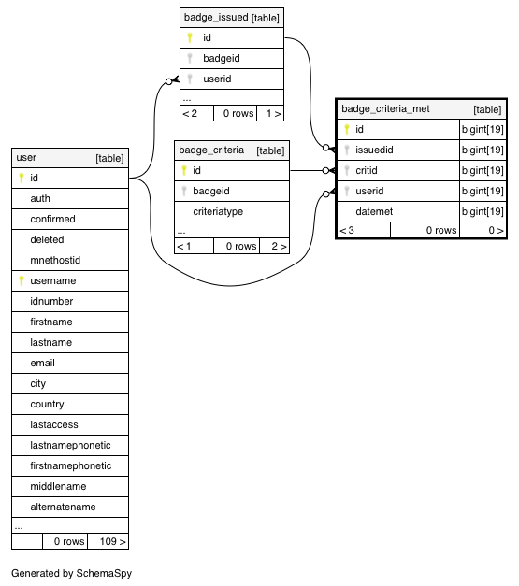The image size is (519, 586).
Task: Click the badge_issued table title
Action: tap(216, 18)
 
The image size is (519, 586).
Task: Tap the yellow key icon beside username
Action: tap(22, 280)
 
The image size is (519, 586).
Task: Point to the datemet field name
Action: tap(374, 211)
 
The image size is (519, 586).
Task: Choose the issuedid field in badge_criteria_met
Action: tap(374, 150)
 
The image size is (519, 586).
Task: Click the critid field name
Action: tap(366, 170)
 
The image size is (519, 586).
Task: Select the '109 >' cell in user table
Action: tap(108, 541)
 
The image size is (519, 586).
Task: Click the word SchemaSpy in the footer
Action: tap(104, 573)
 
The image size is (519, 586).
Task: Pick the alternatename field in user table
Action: tap(63, 507)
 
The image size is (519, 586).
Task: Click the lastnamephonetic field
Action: tap(70, 445)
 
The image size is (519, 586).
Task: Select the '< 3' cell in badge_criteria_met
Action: tap(364, 230)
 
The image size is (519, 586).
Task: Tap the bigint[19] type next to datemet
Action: tap(483, 211)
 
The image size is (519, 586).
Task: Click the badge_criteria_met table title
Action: tap(385, 108)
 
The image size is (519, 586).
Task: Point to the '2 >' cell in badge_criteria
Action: tap(274, 247)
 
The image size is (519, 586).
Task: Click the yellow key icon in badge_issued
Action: tap(190, 37)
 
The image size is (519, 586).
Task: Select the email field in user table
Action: tap(42, 363)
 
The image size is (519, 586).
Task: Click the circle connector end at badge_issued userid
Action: tap(169, 81)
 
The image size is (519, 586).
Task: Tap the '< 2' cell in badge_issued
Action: tap(196, 114)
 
